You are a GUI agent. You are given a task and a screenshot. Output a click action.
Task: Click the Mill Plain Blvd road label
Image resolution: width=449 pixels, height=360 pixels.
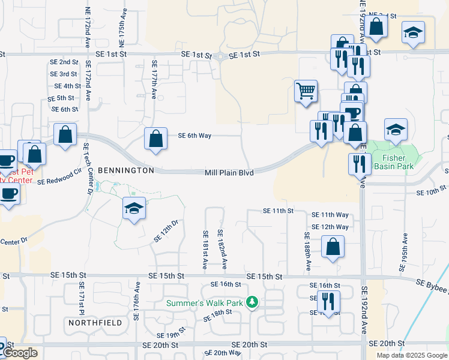(x=229, y=173)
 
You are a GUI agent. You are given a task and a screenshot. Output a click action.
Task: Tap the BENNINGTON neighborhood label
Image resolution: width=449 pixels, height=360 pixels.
(x=126, y=170)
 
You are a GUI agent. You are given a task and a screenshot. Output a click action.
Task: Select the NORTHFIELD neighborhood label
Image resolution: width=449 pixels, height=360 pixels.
(x=95, y=323)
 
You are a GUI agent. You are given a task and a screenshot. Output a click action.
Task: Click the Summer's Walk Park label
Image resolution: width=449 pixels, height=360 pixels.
(x=205, y=303)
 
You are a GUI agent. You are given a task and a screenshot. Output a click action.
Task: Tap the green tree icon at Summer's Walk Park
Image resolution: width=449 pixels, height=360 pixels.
(x=253, y=301)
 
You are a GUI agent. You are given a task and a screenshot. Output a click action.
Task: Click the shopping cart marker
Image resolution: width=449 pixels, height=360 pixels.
(x=306, y=91)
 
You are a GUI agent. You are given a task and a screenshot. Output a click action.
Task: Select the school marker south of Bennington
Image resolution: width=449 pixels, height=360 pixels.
(x=134, y=209)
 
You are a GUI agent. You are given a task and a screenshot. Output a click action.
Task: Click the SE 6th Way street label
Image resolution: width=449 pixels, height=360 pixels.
(x=194, y=136)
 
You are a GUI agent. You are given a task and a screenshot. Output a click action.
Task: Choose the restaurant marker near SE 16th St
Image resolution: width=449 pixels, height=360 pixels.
(x=328, y=302)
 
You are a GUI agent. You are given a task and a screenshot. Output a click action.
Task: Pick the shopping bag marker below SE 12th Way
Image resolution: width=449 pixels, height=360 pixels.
(x=333, y=247)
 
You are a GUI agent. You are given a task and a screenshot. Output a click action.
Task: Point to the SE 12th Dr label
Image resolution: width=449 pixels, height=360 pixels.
(x=166, y=231)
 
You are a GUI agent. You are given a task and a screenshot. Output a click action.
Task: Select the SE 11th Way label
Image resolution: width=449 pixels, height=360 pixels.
(x=330, y=215)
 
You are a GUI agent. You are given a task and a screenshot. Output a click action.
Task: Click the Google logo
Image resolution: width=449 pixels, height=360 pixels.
(x=20, y=353)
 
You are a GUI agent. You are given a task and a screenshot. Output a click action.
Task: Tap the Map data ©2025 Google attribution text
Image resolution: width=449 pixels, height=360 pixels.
(x=412, y=355)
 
